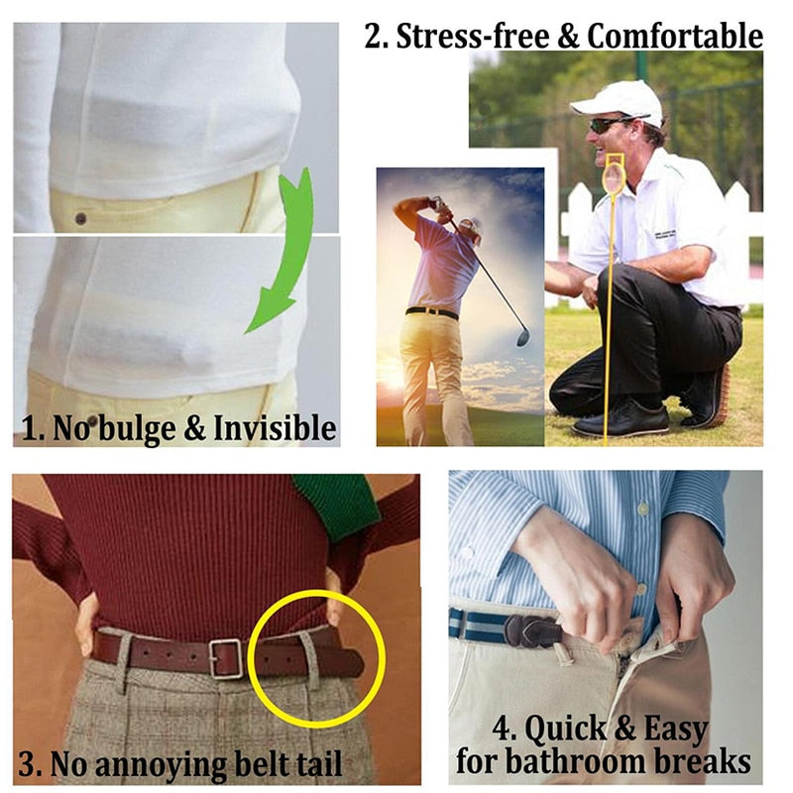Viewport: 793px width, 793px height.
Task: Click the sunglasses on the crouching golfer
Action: [x=607, y=125]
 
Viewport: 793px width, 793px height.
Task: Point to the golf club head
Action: [x=522, y=338]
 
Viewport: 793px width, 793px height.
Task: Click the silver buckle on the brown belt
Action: [x=226, y=658]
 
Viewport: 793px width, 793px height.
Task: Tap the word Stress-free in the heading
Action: [x=471, y=37]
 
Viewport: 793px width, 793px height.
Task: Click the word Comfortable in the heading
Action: [x=675, y=37]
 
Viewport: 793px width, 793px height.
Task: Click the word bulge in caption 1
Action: [x=112, y=429]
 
